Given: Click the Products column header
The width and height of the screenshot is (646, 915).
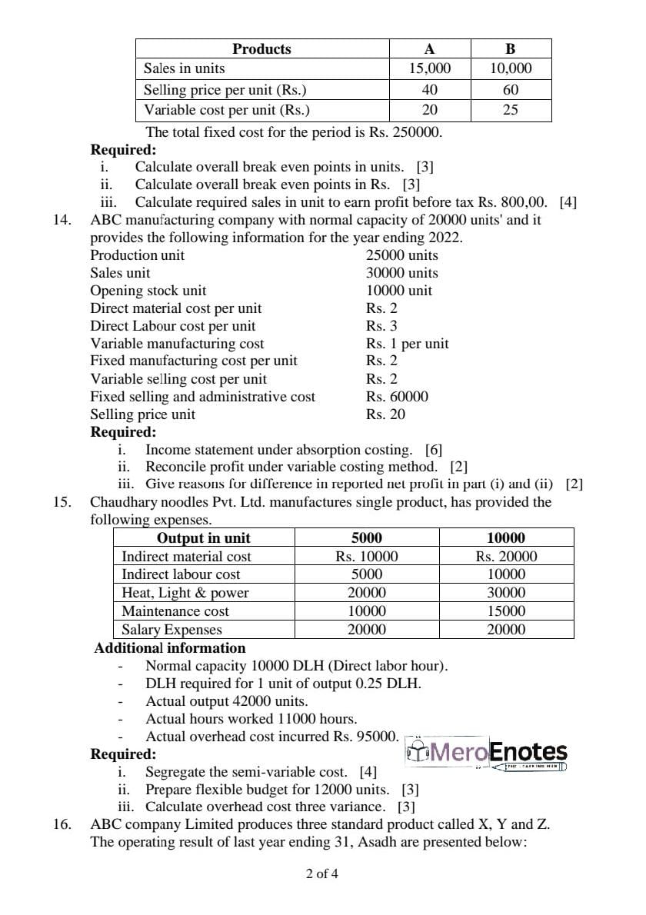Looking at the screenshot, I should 261,49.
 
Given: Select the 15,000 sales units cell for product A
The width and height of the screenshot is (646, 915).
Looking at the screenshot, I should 430,68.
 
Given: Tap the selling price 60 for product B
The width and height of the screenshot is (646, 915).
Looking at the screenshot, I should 511,89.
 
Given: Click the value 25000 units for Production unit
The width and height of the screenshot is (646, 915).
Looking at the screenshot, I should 401,255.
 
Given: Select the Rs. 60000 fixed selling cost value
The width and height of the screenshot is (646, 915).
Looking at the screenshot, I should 397,397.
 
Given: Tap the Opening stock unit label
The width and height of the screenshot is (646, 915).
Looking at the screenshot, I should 148,291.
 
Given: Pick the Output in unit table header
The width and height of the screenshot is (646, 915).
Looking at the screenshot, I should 203,537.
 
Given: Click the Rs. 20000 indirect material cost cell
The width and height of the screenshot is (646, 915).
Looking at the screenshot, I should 506,556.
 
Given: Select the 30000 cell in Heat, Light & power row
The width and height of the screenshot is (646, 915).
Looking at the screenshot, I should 506,593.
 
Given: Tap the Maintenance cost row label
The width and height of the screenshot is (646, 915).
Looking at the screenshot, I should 175,611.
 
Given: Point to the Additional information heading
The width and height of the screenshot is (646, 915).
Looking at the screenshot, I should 170,648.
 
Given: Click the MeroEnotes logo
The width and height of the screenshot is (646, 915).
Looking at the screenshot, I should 487,751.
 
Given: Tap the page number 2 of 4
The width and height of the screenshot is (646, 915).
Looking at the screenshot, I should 321,873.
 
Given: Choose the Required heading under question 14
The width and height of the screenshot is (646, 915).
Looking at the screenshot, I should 123,432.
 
